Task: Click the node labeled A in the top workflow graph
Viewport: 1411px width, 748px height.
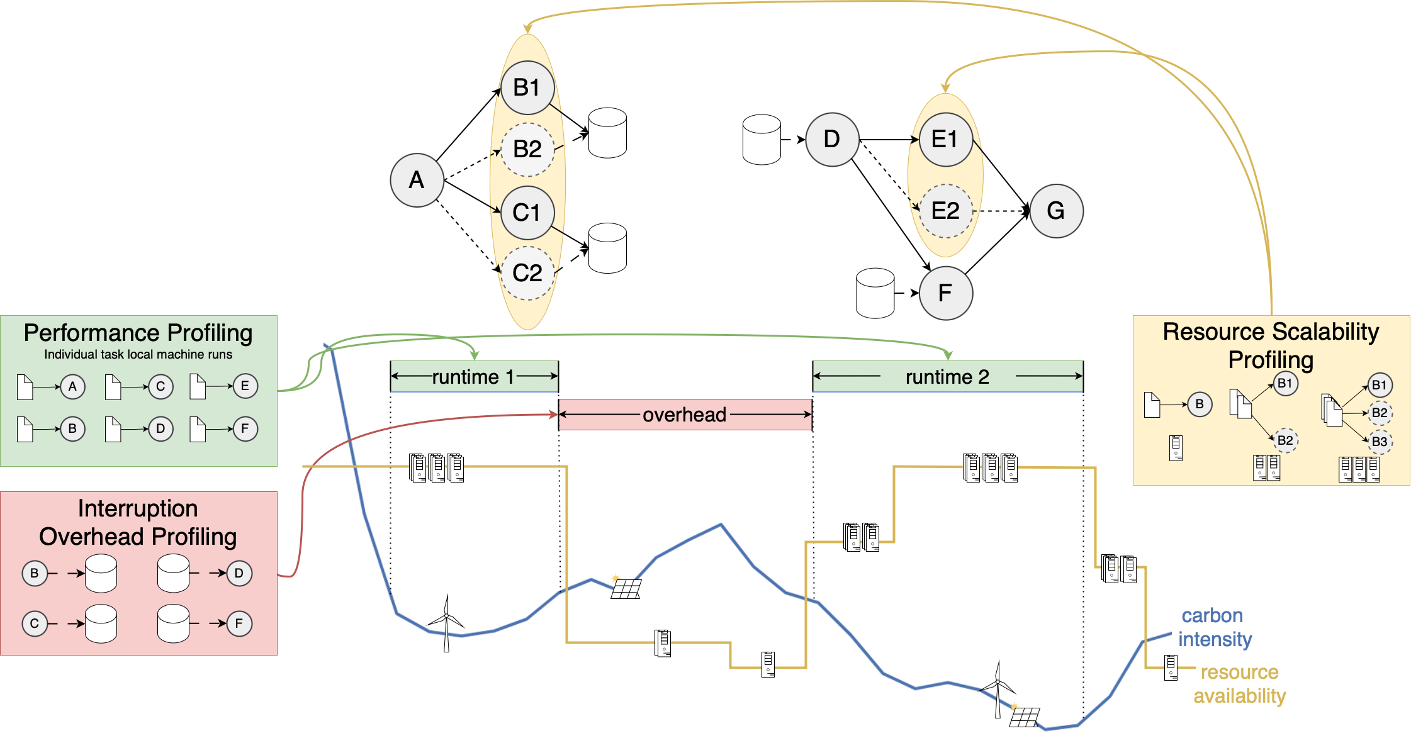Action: [417, 181]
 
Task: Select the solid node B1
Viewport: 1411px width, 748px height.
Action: [527, 88]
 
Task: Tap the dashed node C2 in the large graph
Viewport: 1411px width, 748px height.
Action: [527, 273]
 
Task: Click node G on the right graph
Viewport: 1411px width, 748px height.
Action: [1056, 211]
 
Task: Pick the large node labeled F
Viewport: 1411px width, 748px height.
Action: [945, 293]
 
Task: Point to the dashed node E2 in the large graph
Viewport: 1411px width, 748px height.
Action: [945, 211]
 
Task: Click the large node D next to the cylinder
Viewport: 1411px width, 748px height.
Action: [832, 140]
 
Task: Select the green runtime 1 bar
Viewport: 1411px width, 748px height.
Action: [474, 377]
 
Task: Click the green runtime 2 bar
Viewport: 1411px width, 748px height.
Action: [947, 377]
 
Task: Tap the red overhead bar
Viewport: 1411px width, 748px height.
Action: [685, 415]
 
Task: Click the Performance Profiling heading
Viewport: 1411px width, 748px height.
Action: [138, 333]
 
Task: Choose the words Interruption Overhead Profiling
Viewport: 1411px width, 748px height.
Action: [138, 523]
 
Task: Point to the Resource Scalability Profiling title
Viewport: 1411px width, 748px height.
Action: [1271, 345]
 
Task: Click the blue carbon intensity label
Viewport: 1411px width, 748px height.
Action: [1214, 627]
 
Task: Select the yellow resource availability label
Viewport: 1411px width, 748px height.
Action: [1239, 684]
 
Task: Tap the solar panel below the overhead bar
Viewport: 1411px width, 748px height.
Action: [626, 588]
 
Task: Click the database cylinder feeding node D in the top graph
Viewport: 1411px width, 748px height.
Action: [762, 140]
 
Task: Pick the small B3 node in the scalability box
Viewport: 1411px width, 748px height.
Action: [1380, 442]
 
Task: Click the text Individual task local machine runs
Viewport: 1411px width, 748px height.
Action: [138, 355]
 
